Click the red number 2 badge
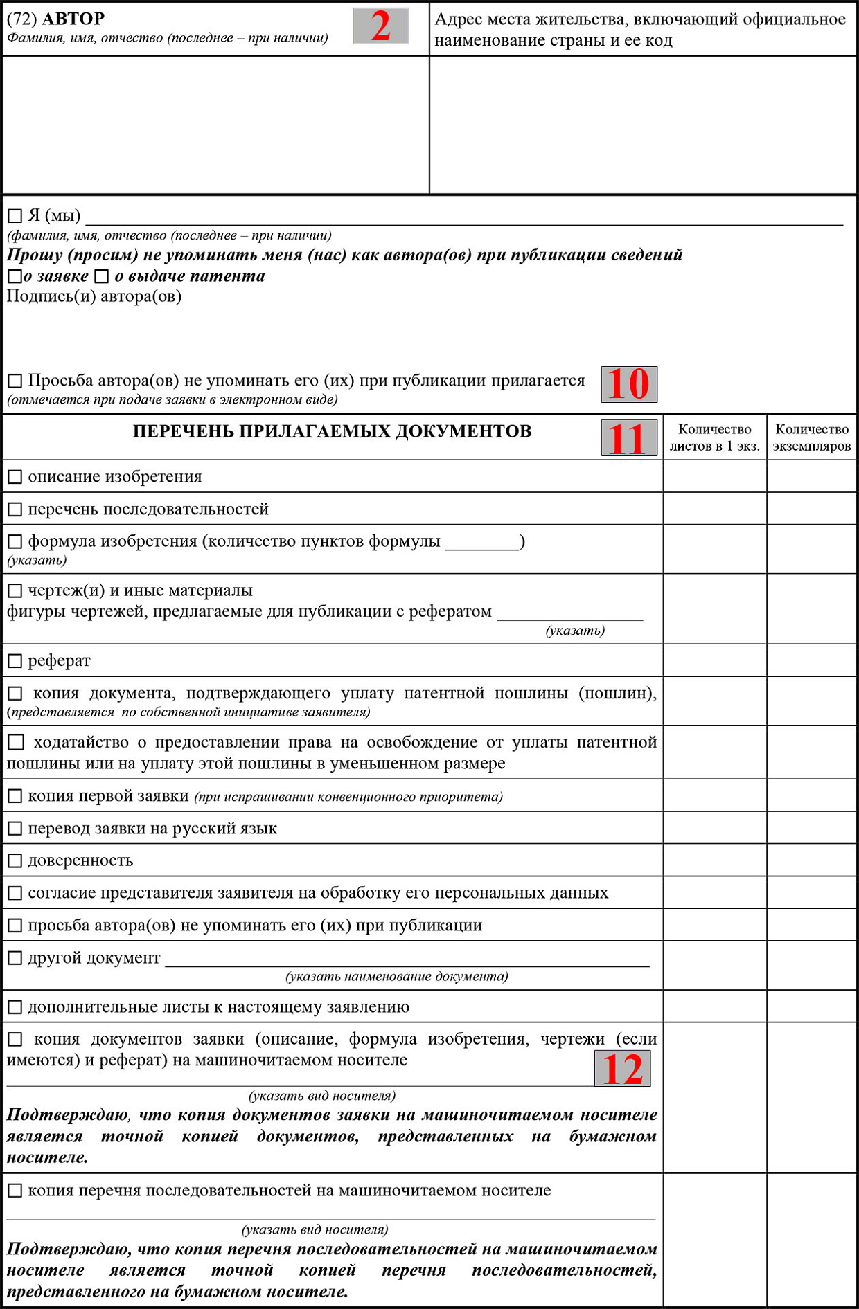pos(380,26)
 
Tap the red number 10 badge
pos(628,384)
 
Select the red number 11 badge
pos(628,438)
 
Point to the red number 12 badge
pos(622,1068)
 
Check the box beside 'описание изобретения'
pos(15,477)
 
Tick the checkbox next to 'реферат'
pos(15,661)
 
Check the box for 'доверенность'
pos(15,861)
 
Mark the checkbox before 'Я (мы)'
pos(15,216)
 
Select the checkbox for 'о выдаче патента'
pos(102,277)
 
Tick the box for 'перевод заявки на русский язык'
pos(15,829)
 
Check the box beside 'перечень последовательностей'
pos(15,509)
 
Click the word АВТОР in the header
pos(73,18)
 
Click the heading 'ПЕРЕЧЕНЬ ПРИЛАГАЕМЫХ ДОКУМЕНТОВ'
pos(332,431)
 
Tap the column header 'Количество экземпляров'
pos(811,437)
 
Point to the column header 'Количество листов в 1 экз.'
pos(714,437)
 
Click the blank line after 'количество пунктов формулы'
pos(482,545)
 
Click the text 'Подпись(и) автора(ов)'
pos(94,296)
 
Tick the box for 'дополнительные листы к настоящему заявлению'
pos(15,1007)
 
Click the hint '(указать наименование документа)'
pos(397,977)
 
